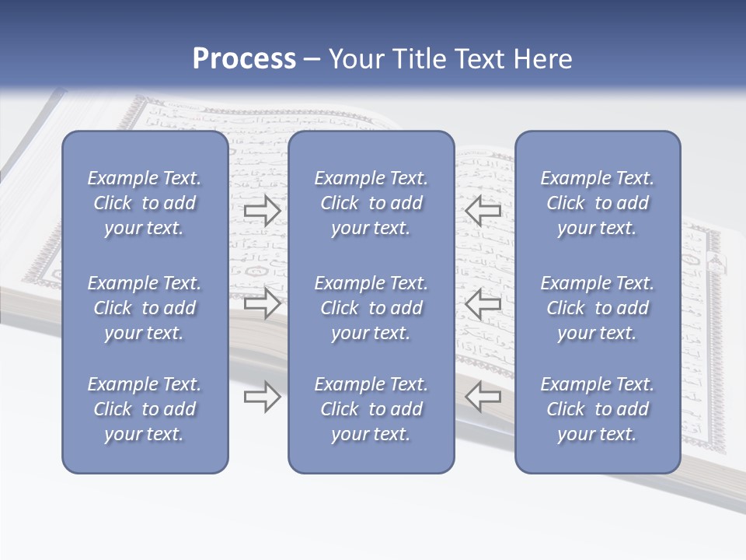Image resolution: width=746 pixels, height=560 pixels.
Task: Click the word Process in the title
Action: [x=244, y=59]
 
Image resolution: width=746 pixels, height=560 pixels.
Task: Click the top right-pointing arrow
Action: [x=262, y=209]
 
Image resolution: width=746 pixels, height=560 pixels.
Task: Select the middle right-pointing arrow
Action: [x=262, y=303]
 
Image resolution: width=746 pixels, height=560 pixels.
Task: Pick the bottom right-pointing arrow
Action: [x=262, y=397]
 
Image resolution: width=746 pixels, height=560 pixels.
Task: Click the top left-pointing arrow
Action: [x=483, y=209]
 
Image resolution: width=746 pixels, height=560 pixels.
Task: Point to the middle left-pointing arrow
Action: [x=483, y=303]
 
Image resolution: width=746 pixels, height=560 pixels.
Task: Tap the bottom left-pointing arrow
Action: [x=483, y=397]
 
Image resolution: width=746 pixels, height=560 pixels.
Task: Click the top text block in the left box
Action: [x=145, y=203]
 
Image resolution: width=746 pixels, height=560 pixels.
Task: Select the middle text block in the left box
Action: [x=145, y=308]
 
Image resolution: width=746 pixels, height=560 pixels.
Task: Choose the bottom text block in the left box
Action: [x=145, y=409]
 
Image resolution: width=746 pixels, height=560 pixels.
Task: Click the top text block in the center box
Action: [x=371, y=203]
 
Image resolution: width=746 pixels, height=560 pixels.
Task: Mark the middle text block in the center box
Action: [x=371, y=308]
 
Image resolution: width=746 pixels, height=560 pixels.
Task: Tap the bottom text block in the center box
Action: [x=371, y=409]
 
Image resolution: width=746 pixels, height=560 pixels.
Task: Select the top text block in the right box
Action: [x=597, y=203]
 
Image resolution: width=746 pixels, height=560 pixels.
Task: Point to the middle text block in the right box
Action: [x=597, y=308]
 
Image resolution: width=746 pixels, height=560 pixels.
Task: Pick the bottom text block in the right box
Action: [x=597, y=409]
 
